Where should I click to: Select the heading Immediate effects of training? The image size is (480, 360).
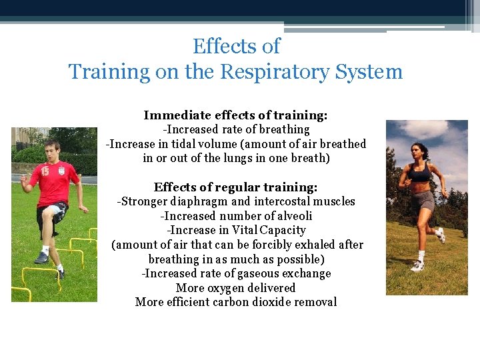click(235, 115)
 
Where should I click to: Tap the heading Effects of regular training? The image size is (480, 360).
click(235, 187)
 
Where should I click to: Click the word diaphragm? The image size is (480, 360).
click(199, 201)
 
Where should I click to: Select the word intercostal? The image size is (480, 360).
click(277, 201)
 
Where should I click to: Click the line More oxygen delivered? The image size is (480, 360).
click(235, 288)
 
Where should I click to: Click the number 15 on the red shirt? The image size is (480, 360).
click(44, 171)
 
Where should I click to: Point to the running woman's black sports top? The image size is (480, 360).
click(421, 175)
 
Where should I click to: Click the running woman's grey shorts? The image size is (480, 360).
click(423, 200)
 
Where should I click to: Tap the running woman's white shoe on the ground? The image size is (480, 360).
click(417, 266)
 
